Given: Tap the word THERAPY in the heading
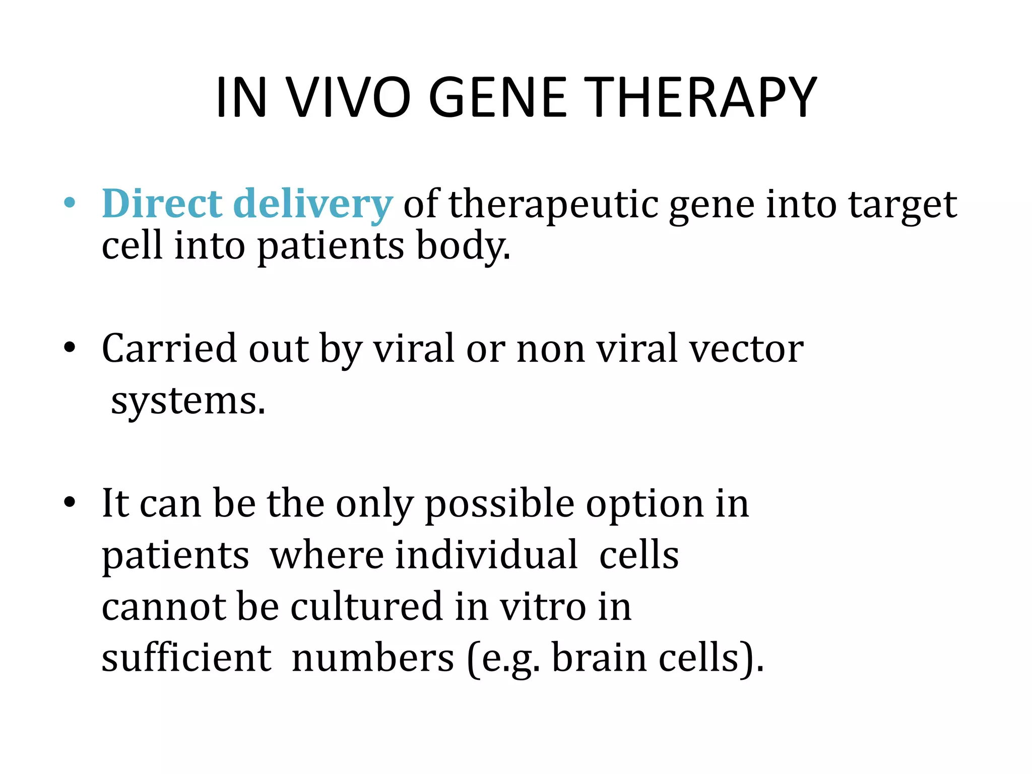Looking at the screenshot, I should click(702, 98).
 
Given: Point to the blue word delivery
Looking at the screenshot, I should click(313, 205).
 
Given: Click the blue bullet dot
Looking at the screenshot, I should click(70, 204).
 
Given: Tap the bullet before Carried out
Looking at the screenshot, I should click(70, 348).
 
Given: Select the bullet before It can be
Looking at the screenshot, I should click(70, 502).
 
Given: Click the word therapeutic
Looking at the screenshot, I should click(553, 205).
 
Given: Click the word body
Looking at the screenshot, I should click(463, 246).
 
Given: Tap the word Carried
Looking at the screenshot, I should click(169, 348).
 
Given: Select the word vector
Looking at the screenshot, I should click(746, 349).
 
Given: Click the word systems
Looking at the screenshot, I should click(187, 402).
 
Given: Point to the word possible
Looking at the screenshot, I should click(499, 504).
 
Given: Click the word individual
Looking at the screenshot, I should click(486, 555).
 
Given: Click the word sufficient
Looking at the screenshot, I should click(187, 658).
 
